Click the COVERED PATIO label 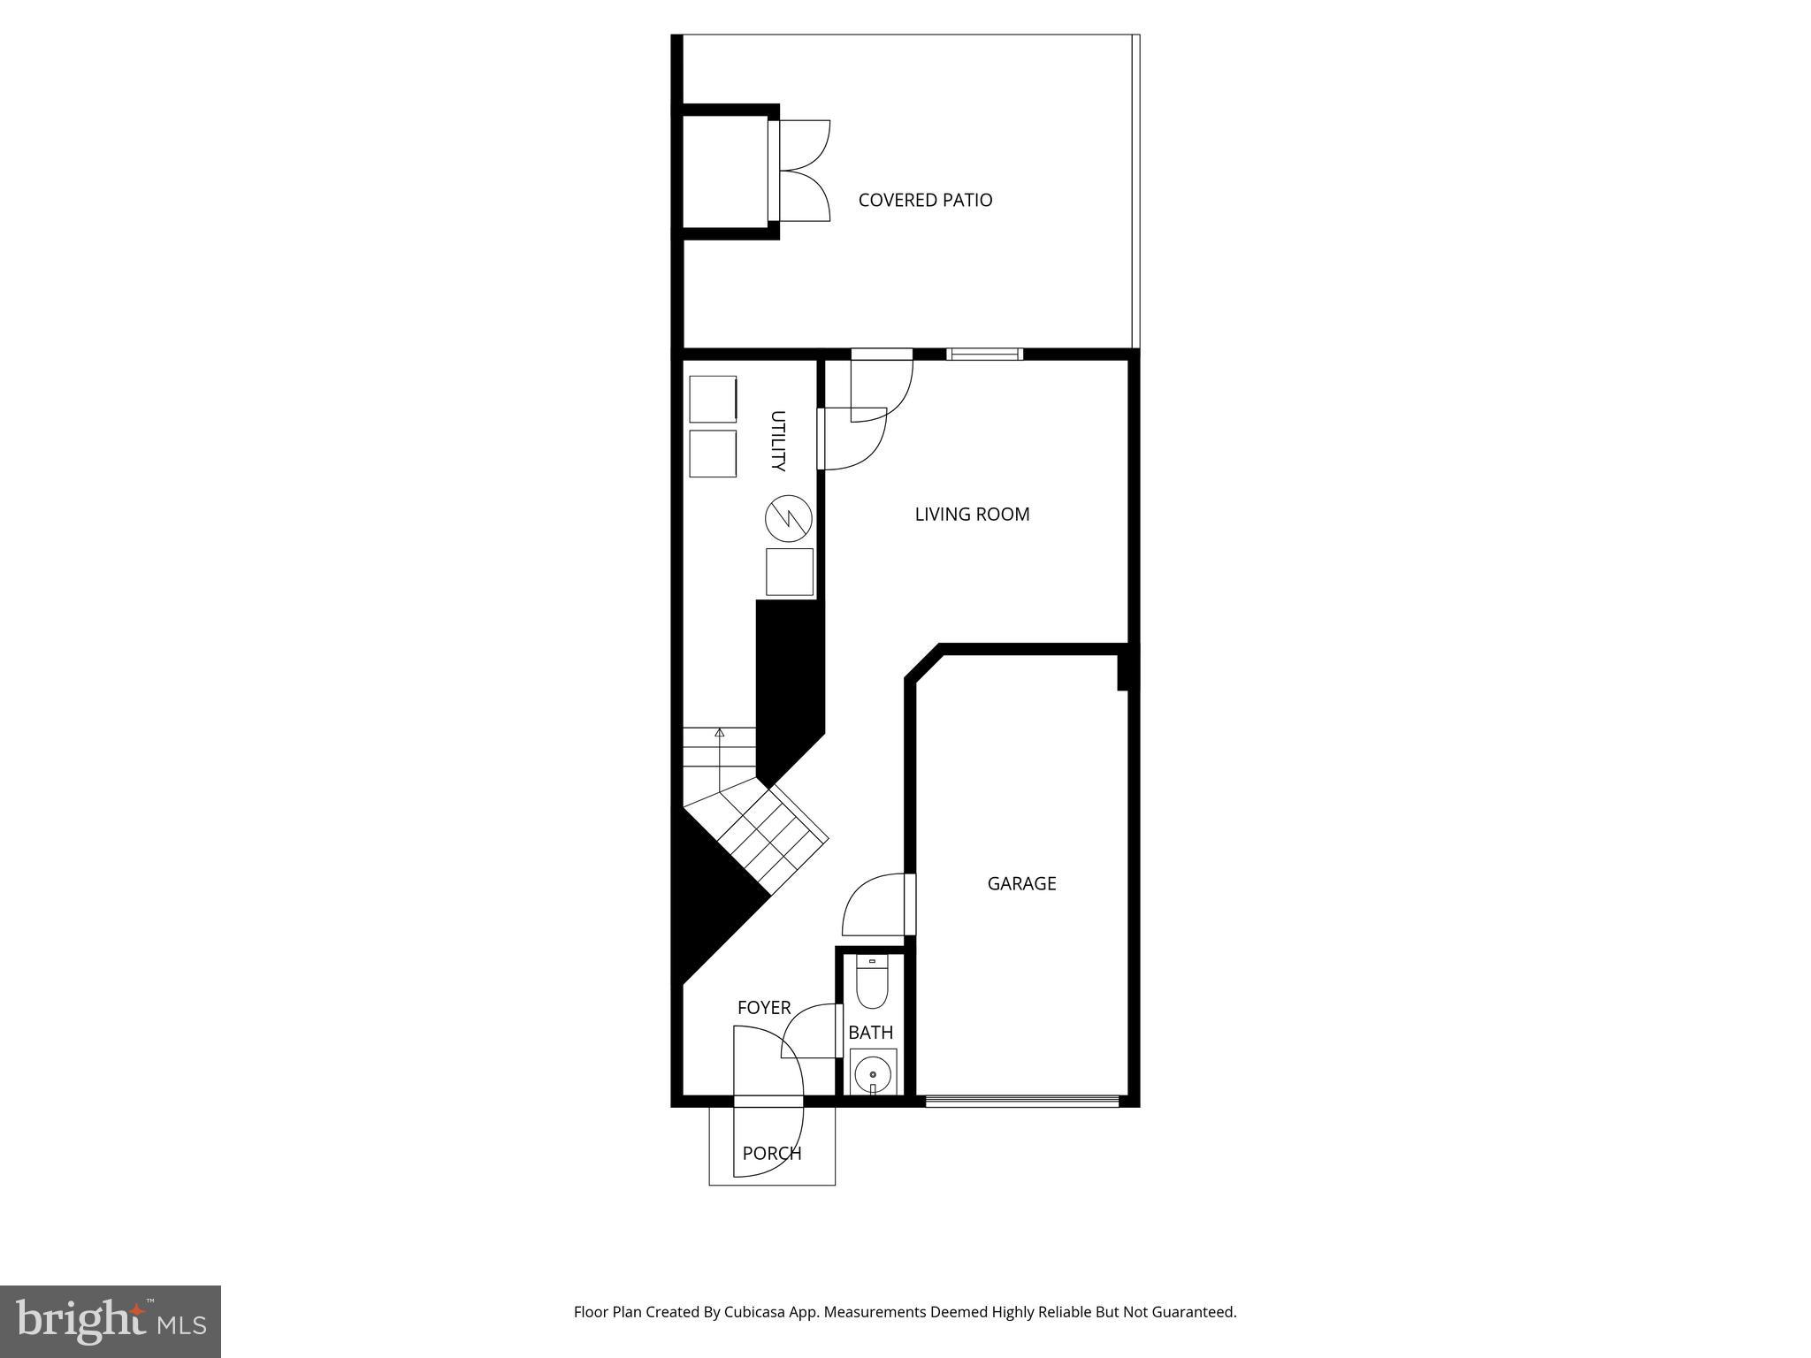click(x=925, y=200)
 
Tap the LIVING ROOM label click(x=972, y=514)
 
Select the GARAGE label click(x=1021, y=883)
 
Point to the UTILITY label click(x=777, y=440)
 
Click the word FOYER click(x=764, y=1008)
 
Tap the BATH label click(x=870, y=1033)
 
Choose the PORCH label click(x=771, y=1153)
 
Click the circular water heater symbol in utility click(x=789, y=519)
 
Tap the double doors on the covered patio click(x=801, y=170)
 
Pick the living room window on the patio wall click(x=984, y=355)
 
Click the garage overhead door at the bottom click(x=1021, y=1102)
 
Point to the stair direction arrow click(x=720, y=732)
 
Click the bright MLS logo click(x=111, y=1321)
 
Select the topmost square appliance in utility click(x=713, y=399)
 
